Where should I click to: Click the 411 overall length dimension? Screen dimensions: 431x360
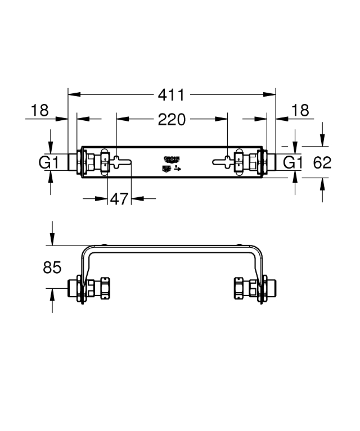point(172,95)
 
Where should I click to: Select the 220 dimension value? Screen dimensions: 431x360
point(172,119)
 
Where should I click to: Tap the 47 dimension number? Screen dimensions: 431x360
point(119,198)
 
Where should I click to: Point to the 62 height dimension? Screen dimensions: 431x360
point(322,163)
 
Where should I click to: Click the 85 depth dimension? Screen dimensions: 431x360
point(52,267)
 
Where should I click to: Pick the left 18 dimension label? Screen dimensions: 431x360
point(40,111)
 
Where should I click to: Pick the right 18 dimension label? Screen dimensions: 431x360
point(301,111)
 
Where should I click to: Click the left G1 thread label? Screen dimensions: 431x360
point(49,163)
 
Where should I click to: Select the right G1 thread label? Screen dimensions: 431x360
point(292,163)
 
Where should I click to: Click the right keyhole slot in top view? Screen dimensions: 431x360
point(224,162)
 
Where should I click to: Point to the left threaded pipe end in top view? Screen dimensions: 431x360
point(73,162)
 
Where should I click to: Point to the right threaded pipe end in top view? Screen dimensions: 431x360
point(271,162)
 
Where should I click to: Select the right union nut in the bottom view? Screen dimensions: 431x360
point(239,288)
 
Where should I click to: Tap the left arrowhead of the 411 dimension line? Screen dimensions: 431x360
point(72,95)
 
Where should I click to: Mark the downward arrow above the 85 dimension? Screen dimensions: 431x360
point(52,241)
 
